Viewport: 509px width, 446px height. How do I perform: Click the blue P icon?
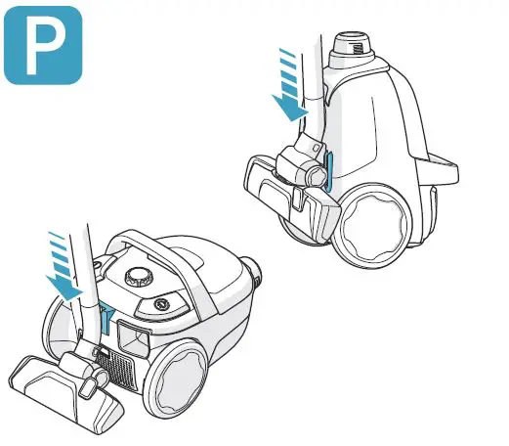pyautogui.click(x=43, y=43)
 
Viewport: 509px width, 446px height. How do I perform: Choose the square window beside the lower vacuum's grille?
pyautogui.click(x=133, y=338)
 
